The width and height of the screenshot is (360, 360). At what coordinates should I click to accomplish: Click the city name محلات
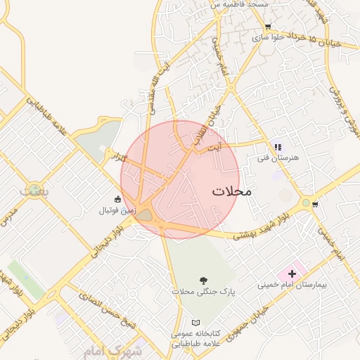point(231,191)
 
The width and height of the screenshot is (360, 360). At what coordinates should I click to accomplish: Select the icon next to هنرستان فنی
point(278,147)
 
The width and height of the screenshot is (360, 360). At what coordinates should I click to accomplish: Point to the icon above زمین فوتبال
point(117,199)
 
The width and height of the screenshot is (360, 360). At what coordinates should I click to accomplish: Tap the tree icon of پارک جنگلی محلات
point(204,279)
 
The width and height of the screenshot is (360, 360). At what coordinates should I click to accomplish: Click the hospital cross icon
point(292,273)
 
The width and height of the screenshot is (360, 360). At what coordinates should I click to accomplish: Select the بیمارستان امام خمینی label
point(288,285)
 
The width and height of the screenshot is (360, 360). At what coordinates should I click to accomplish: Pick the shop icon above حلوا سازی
point(267,26)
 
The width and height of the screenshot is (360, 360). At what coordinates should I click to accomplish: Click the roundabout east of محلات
point(306,202)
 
